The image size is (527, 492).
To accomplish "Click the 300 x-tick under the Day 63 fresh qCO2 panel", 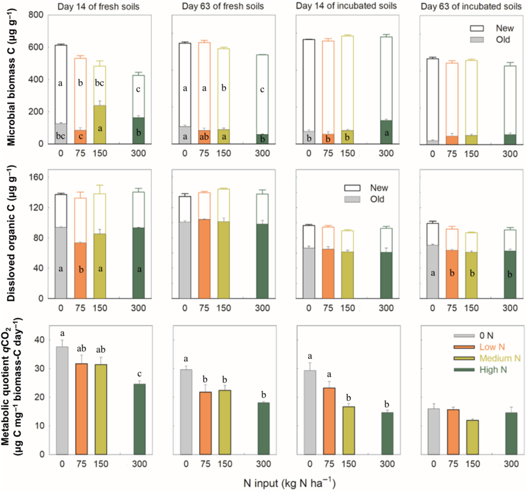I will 263,463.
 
